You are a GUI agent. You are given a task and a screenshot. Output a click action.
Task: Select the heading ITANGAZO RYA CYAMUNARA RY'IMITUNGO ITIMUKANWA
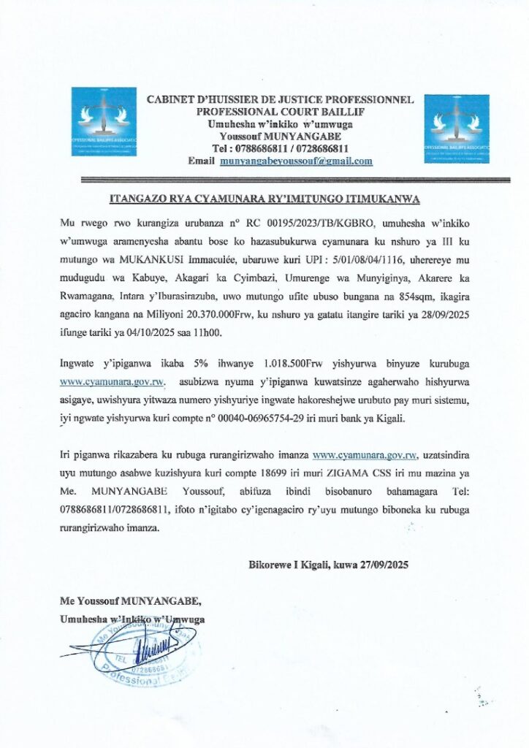[x=264, y=199]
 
